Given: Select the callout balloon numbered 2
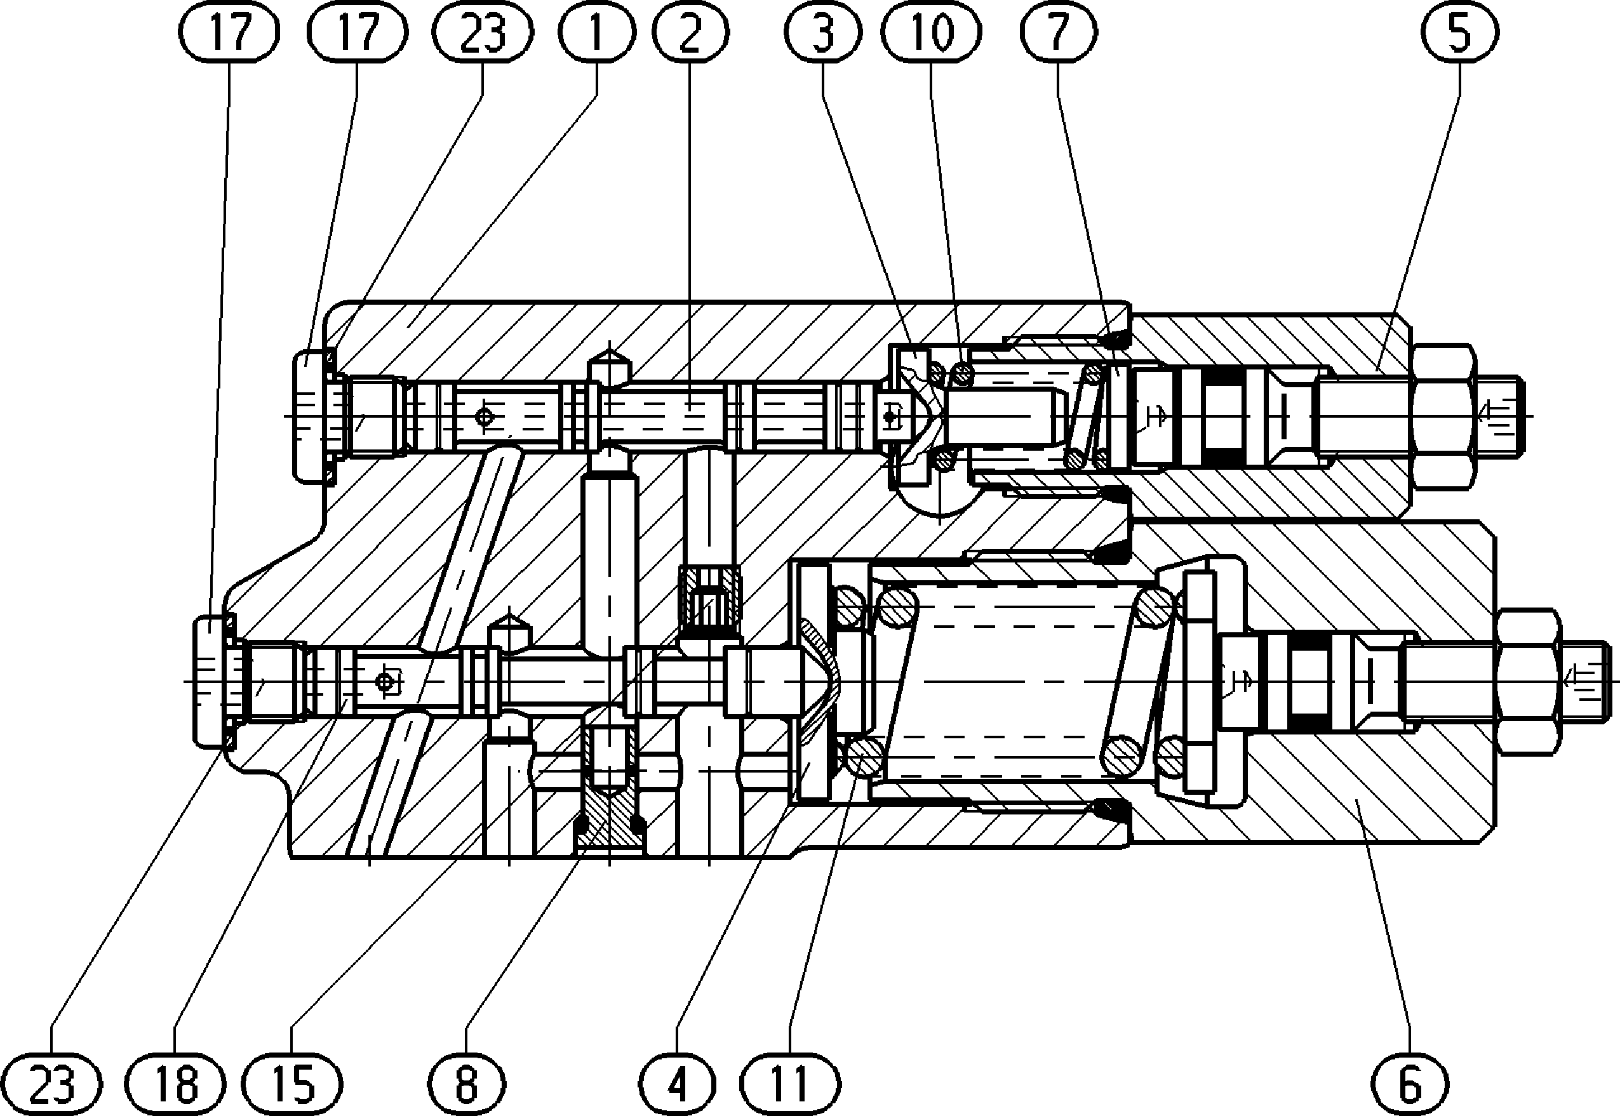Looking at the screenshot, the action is (x=690, y=32).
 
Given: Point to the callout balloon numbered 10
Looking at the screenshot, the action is (x=932, y=32).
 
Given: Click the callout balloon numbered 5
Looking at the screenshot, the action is (x=1460, y=32).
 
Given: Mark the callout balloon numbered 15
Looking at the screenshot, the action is (x=295, y=1084).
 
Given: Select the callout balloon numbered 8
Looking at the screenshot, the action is (x=467, y=1084).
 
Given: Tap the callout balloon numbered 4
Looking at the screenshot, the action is (x=677, y=1084).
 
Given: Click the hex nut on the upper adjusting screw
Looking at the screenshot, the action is (x=1443, y=416).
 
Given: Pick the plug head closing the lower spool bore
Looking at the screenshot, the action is (x=212, y=681).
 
